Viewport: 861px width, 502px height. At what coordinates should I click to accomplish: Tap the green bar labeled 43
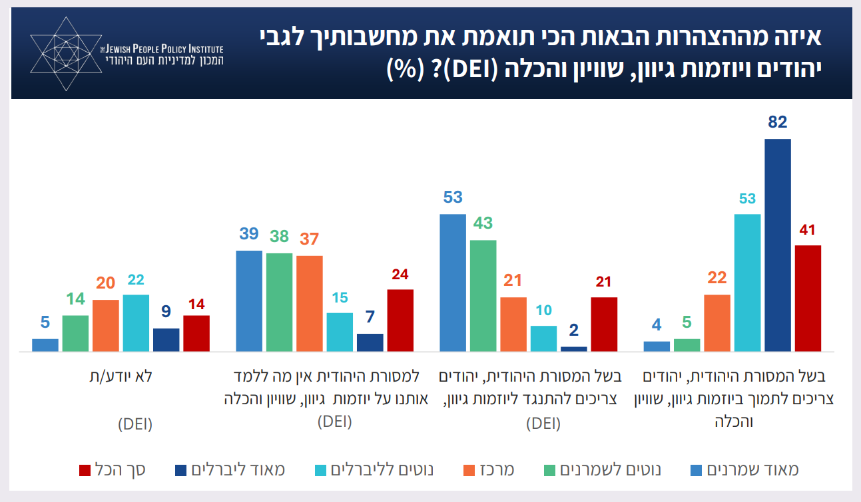483,295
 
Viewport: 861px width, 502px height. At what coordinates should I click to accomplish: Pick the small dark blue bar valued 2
574,348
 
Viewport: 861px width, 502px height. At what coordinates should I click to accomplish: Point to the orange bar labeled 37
309,303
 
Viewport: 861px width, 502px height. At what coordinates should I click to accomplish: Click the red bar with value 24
400,320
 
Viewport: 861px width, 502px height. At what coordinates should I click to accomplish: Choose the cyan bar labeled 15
340,332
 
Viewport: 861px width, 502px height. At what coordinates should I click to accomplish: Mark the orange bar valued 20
105,325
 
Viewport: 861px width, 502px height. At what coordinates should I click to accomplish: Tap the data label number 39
248,234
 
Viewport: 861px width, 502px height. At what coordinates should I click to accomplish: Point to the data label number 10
543,311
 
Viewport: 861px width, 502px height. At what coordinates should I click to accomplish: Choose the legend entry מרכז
489,470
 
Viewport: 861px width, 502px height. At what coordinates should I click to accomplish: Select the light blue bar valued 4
657,346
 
